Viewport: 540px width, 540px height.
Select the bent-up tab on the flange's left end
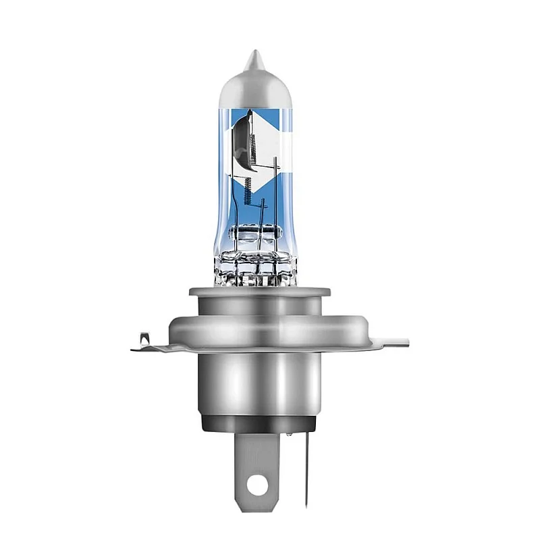coord(142,342)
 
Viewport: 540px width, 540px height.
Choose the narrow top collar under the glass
coord(259,293)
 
